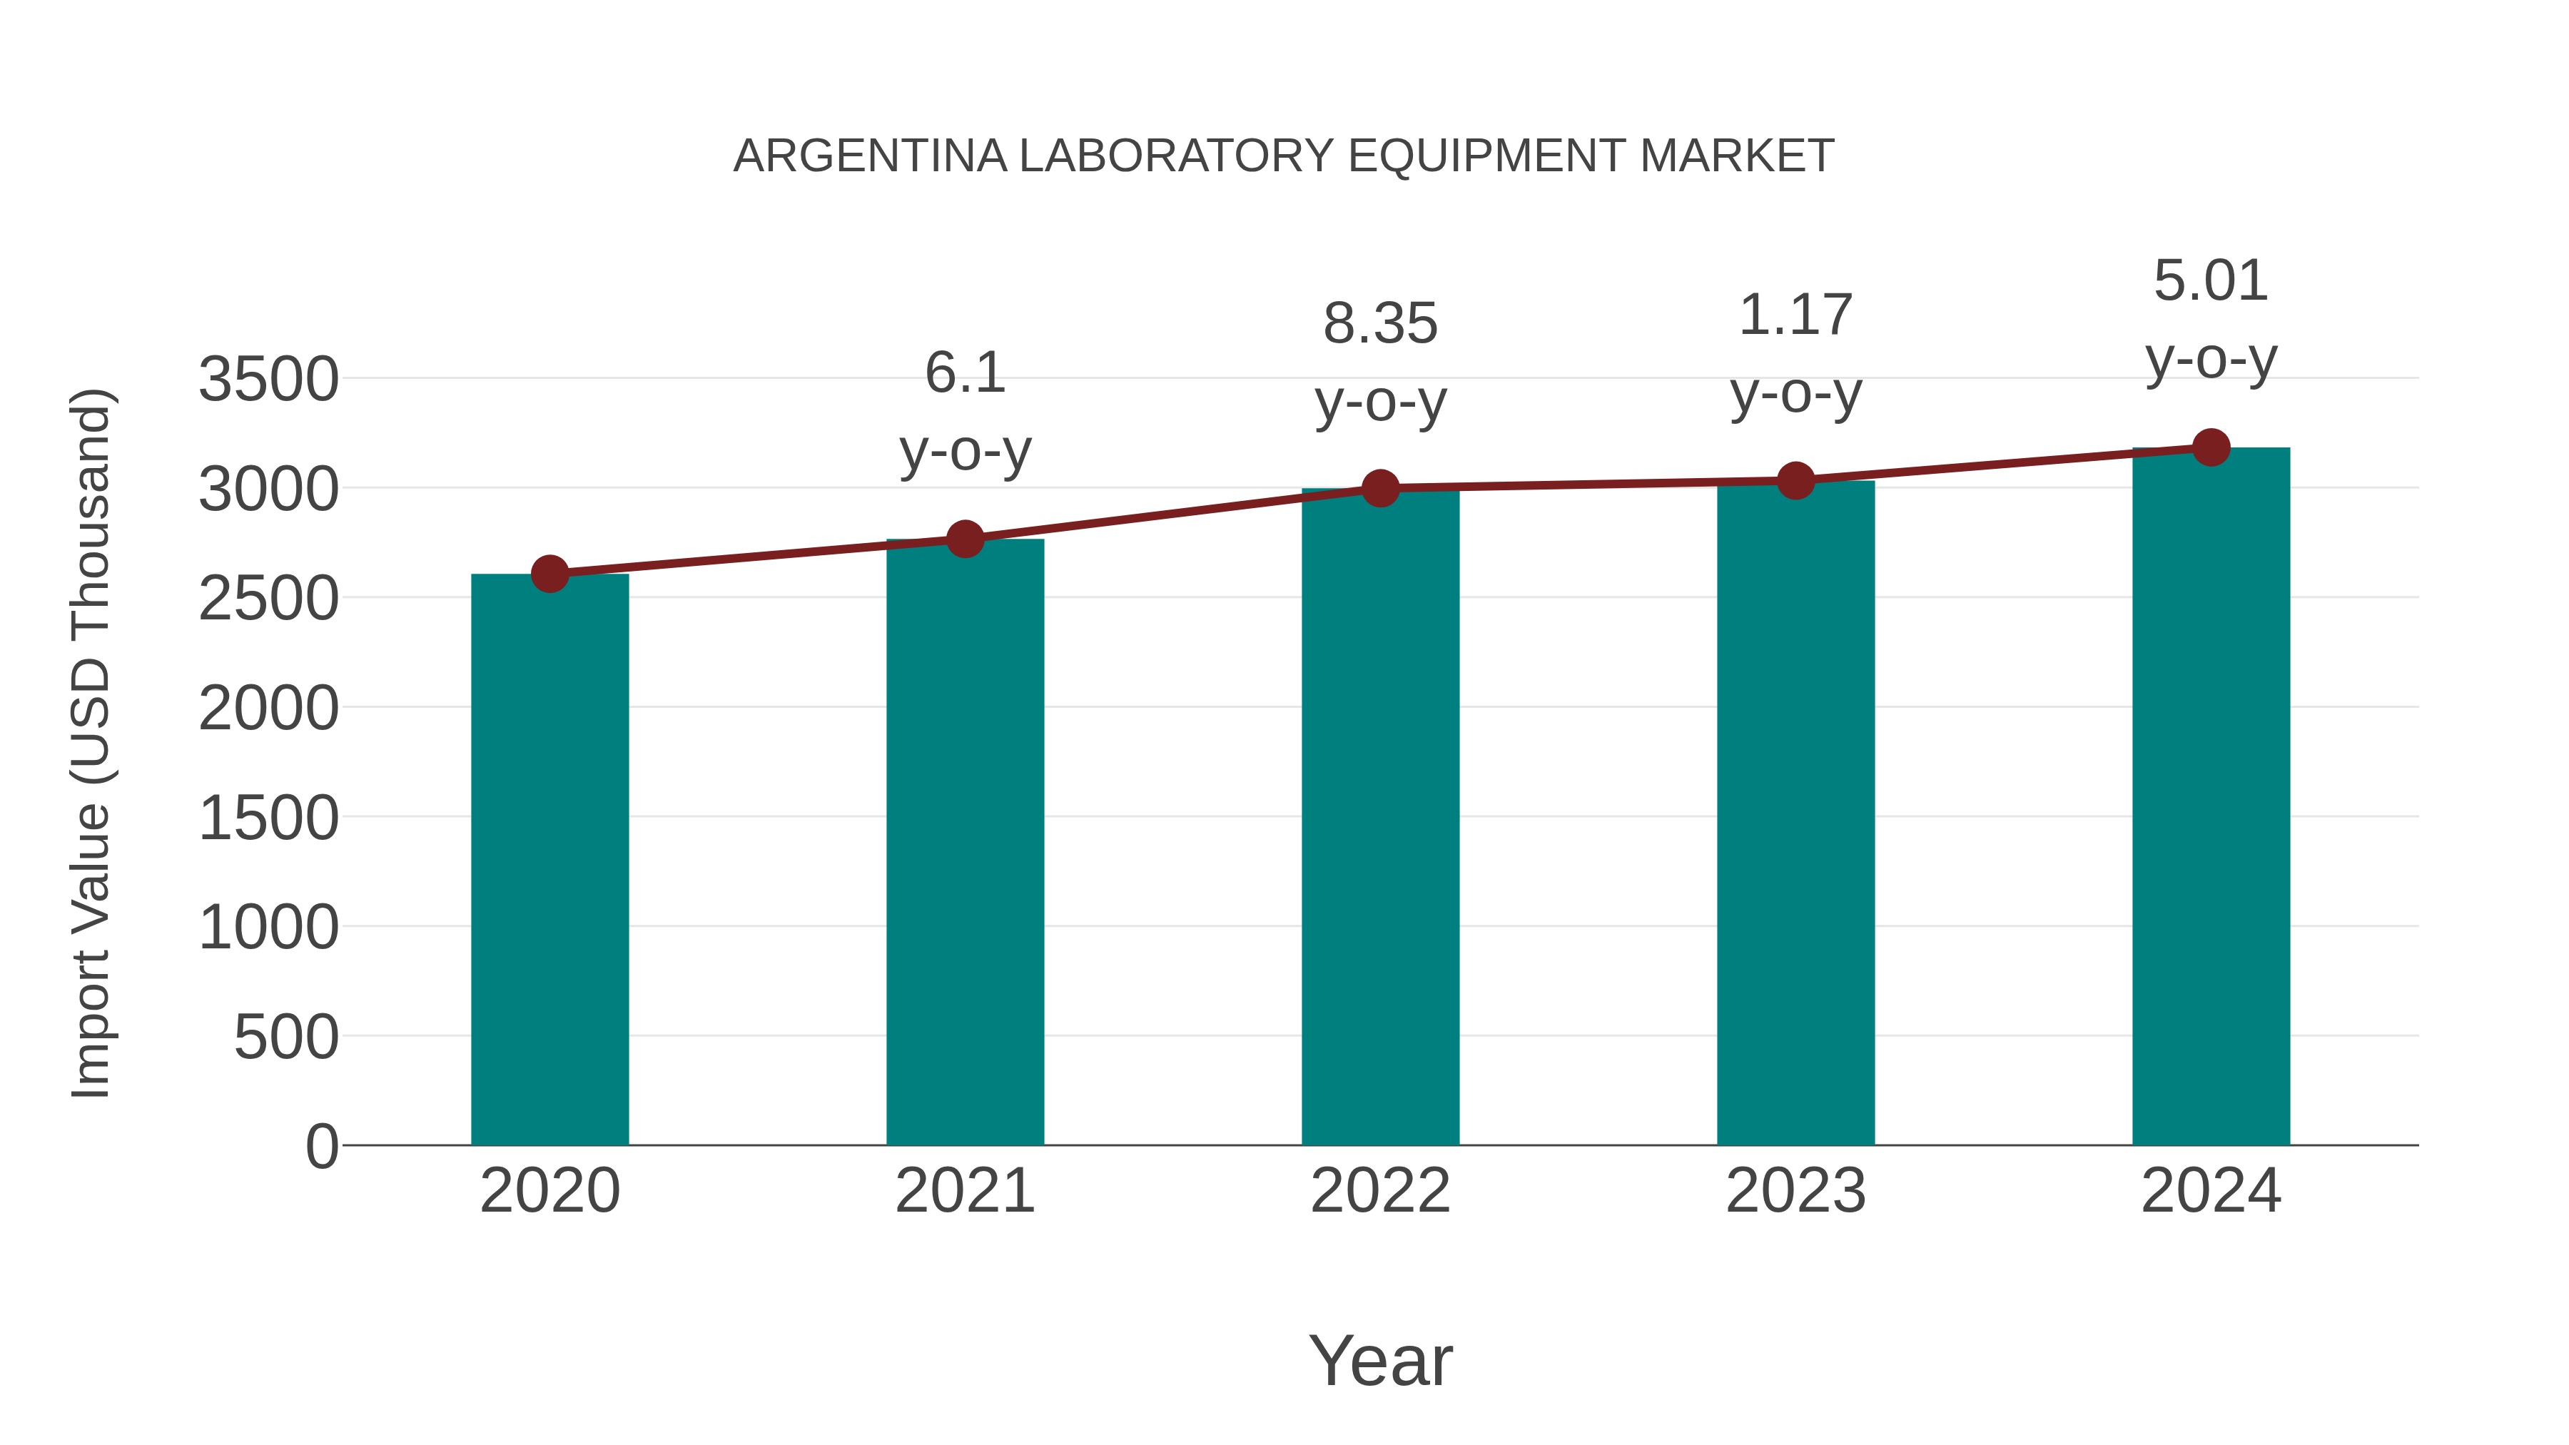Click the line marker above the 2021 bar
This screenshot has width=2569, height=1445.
pos(964,539)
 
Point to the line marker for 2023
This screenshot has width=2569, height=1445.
pos(1795,481)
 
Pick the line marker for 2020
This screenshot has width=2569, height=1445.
pos(549,574)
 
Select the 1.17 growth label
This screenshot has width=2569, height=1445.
pos(1795,315)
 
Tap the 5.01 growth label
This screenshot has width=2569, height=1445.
pos(2211,280)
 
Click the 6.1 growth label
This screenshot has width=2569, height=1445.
pos(964,373)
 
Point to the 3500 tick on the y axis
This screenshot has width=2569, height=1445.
pos(268,380)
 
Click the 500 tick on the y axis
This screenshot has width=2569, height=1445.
pos(286,1037)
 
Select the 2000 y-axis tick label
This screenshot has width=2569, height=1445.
pos(268,709)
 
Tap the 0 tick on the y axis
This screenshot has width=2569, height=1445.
pos(322,1146)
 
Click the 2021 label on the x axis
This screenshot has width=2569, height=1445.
pos(964,1191)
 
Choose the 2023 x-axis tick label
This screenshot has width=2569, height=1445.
pos(1795,1191)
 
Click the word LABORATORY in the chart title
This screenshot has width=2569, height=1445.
pos(1176,156)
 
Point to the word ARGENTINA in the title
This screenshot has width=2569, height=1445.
pos(870,156)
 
